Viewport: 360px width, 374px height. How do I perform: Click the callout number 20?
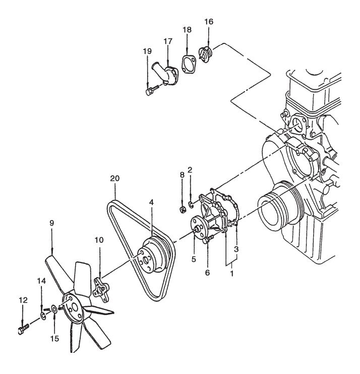[115, 179]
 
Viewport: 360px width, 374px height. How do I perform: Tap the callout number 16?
[209, 22]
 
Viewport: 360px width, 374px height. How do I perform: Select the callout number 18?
[187, 30]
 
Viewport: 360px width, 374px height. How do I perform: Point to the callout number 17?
[168, 41]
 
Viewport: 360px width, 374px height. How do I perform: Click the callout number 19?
[147, 51]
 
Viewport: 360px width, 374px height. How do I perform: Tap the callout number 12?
[23, 300]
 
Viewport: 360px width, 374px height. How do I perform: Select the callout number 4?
[151, 202]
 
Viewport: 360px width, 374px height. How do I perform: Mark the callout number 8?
[182, 175]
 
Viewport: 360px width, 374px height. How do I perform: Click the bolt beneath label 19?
[151, 91]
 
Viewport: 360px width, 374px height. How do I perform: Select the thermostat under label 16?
[206, 54]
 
